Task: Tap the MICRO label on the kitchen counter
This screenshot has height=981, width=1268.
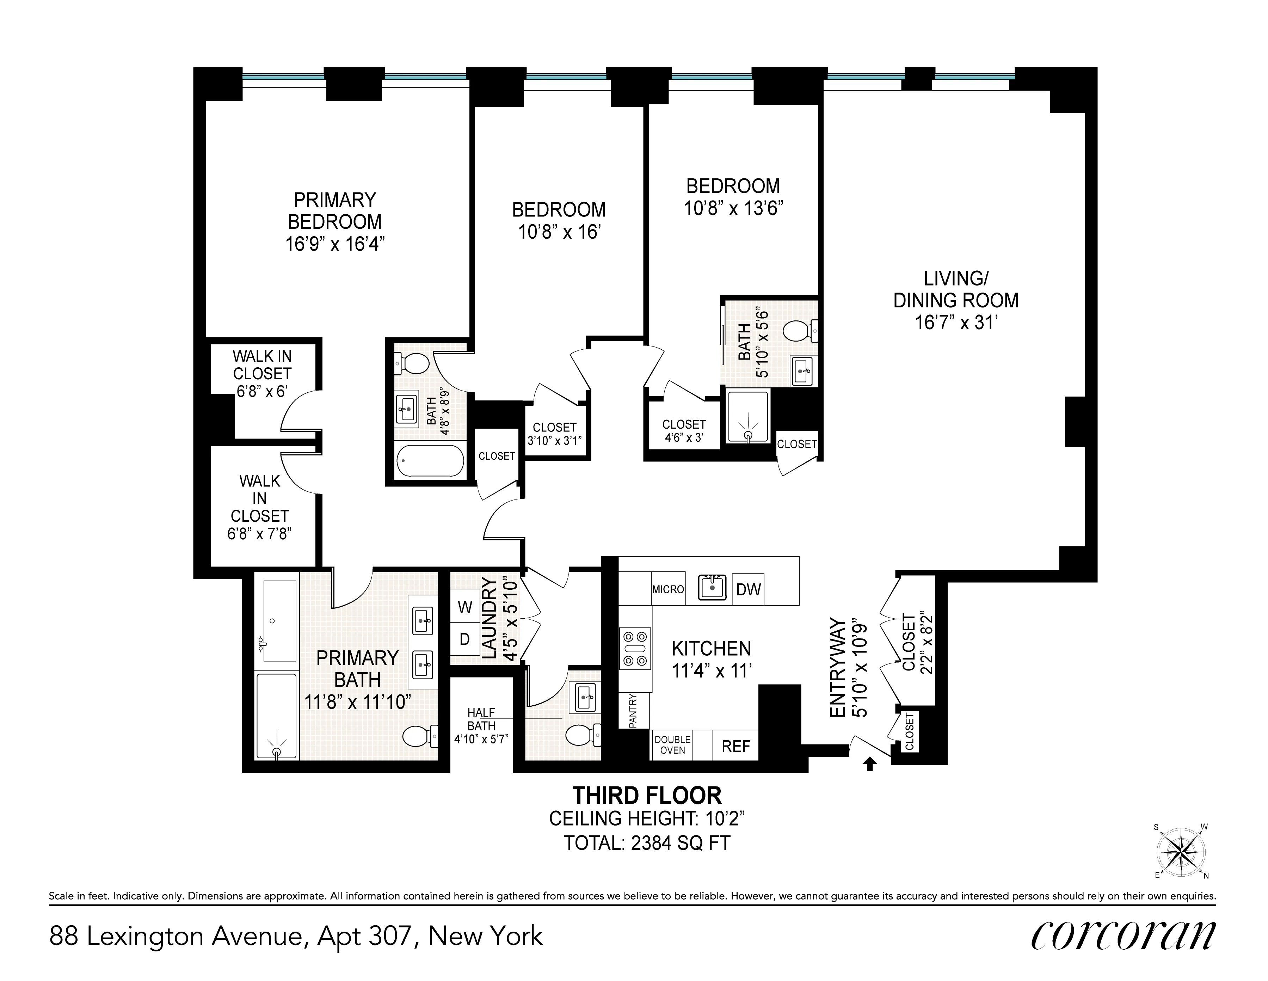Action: pos(668,589)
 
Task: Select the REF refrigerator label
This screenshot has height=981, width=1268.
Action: pos(735,746)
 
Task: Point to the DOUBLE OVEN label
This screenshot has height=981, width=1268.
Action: pos(672,744)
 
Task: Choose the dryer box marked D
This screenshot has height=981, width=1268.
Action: pos(464,639)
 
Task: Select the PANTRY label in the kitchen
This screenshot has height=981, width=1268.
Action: pos(633,710)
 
